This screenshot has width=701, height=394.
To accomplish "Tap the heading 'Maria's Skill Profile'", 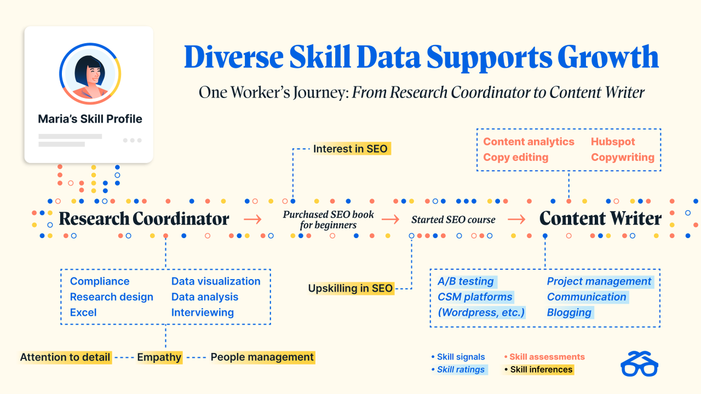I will point(90,119).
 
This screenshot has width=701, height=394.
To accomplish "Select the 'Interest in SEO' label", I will point(350,149).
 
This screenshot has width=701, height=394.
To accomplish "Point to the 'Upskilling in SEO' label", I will point(350,288).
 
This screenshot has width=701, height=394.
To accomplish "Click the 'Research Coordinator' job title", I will point(144,219).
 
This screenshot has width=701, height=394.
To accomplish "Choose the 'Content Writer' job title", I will point(600,219).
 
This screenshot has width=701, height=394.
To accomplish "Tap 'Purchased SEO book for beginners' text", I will point(328,219).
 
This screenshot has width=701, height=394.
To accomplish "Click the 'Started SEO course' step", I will point(453,220).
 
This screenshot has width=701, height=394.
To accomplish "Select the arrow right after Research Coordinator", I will point(253,219).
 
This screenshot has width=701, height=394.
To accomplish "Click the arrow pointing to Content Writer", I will point(516,219).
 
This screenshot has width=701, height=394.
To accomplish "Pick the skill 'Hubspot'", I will point(613,142).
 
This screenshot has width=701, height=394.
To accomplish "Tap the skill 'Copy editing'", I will point(515,158).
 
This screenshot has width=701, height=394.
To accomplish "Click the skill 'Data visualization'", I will point(216,281).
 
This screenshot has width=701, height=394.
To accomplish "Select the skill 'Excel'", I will point(83,313).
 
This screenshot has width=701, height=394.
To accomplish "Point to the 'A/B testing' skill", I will point(466,281).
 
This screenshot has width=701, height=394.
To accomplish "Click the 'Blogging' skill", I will point(569,313).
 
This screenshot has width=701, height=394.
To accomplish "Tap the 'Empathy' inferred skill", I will point(159,357).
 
